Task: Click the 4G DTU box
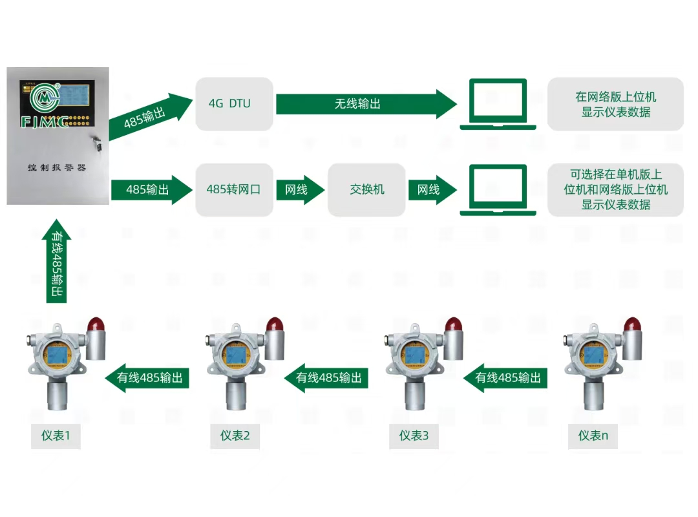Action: (x=234, y=104)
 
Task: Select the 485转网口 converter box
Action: (x=234, y=190)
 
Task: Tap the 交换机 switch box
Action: (x=366, y=190)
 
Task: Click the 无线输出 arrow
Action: (x=365, y=104)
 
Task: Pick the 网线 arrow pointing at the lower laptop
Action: (x=431, y=190)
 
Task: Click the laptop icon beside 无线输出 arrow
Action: (x=498, y=104)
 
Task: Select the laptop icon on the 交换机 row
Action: (x=498, y=190)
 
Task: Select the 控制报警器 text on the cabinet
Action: (x=57, y=168)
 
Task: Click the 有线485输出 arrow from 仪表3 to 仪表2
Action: (x=327, y=378)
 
